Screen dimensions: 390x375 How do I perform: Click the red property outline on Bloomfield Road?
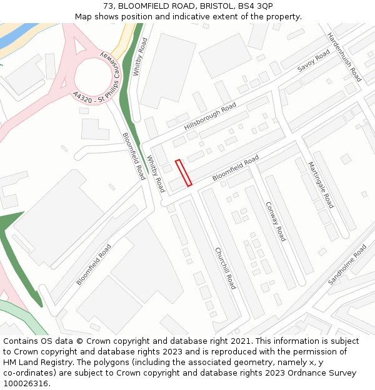183,173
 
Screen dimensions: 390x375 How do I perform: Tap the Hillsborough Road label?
210,116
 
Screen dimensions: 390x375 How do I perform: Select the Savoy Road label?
313,61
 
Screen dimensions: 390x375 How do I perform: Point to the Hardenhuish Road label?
345,57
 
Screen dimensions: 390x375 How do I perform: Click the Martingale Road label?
321,185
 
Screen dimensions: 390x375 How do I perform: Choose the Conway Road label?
276,221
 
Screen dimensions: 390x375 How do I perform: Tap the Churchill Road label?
225,268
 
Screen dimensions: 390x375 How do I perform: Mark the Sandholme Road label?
347,265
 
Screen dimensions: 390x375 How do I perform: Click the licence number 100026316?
26,384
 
